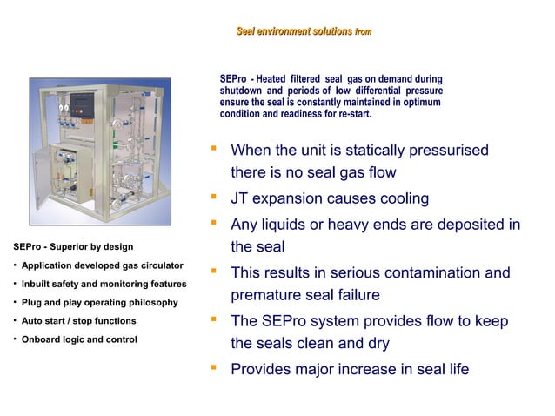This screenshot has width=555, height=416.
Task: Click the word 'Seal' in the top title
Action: (x=247, y=32)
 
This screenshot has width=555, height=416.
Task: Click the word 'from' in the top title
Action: (x=362, y=32)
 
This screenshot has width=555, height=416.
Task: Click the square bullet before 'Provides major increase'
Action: (x=212, y=367)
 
